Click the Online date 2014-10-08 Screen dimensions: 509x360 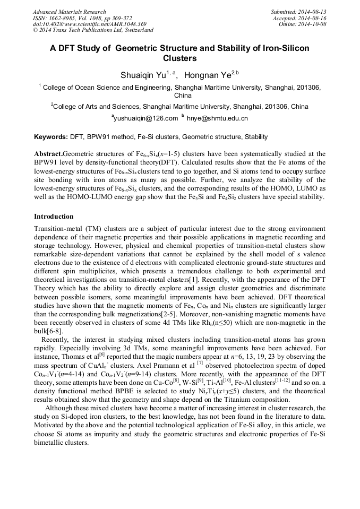pyautogui.click(x=315, y=24)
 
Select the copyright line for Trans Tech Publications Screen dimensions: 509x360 pyautogui.click(x=89, y=30)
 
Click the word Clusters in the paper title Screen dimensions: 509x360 pyautogui.click(x=179, y=58)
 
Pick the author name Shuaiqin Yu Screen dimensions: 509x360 pyautogui.click(x=143, y=75)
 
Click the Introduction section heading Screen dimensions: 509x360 pyautogui.click(x=54, y=217)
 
